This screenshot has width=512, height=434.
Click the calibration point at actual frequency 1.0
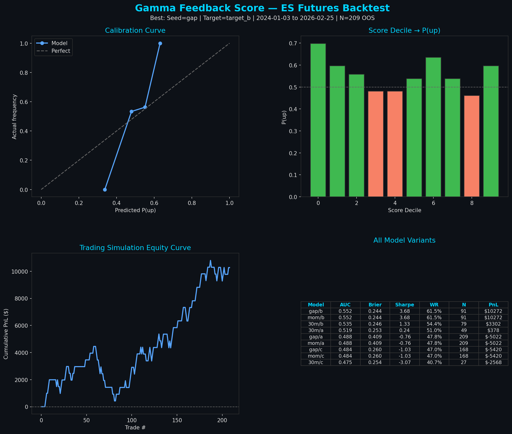click(x=160, y=44)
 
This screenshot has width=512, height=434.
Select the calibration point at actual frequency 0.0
click(x=105, y=190)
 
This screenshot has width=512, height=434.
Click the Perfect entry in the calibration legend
click(x=61, y=51)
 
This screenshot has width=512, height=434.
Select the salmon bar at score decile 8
click(x=472, y=146)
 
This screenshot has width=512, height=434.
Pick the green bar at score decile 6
click(x=433, y=127)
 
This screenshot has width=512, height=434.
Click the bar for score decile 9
click(x=491, y=131)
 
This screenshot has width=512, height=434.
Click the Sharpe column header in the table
click(x=404, y=305)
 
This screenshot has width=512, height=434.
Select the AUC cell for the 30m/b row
click(x=345, y=324)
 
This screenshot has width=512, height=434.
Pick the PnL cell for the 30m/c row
click(x=493, y=363)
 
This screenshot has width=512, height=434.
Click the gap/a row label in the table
click(x=316, y=337)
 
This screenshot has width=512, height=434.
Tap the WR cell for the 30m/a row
click(x=434, y=330)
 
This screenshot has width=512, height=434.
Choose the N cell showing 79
click(x=464, y=324)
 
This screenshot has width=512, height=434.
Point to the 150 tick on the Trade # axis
click(x=177, y=420)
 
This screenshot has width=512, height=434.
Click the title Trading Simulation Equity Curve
click(x=135, y=248)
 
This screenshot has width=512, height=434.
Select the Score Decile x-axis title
click(x=404, y=210)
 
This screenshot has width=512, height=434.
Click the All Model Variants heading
click(x=404, y=240)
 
